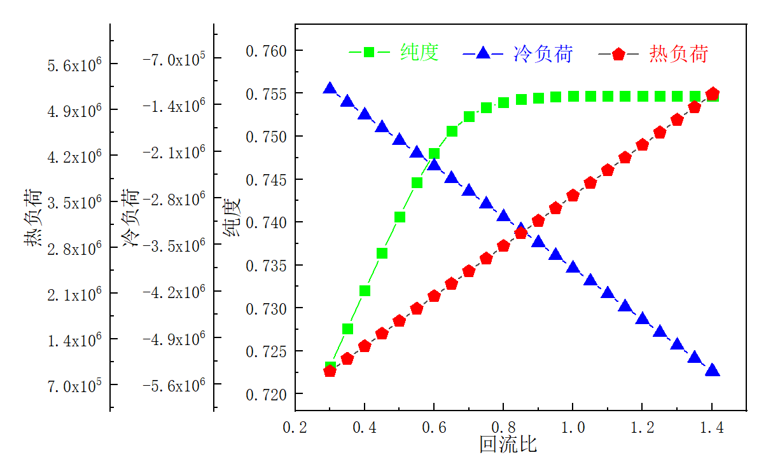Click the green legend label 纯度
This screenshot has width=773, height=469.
click(420, 53)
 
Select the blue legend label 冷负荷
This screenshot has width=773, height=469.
click(543, 54)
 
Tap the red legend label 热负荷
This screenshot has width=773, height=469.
click(679, 54)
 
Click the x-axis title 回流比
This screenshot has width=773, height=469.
click(508, 444)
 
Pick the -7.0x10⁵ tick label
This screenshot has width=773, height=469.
click(174, 60)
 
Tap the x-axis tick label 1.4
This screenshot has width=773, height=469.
click(712, 429)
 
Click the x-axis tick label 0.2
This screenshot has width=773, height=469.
click(295, 429)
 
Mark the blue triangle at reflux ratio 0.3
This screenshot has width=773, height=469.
click(330, 88)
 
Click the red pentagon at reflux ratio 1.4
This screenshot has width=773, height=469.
click(713, 94)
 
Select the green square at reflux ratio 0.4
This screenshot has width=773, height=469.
click(365, 290)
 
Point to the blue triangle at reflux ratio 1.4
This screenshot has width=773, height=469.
click(713, 370)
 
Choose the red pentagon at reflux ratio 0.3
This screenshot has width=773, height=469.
click(330, 371)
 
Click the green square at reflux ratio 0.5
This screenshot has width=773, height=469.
click(400, 217)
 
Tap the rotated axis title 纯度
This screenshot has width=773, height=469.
click(232, 219)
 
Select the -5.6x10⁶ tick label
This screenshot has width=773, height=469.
click(174, 385)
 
